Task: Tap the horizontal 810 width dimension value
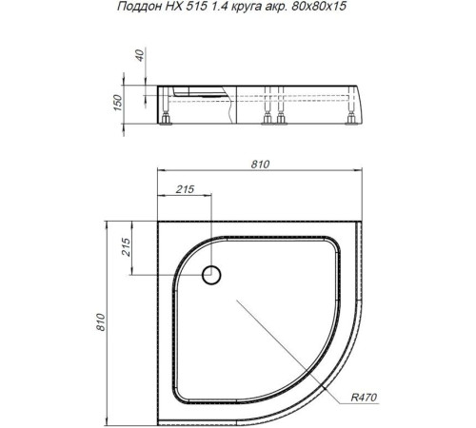pyautogui.click(x=260, y=165)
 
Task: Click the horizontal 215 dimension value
pyautogui.click(x=187, y=189)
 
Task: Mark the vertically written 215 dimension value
pyautogui.click(x=124, y=250)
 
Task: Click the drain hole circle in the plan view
pyautogui.click(x=212, y=276)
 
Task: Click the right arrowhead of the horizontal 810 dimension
pyautogui.click(x=367, y=172)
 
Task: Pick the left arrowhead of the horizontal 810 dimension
pyautogui.click(x=158, y=172)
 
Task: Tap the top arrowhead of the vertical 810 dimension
pyautogui.click(x=107, y=224)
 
